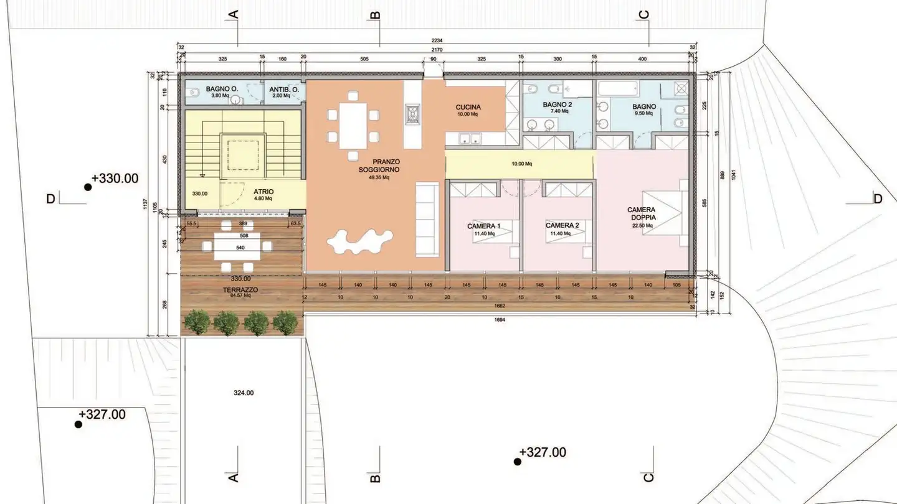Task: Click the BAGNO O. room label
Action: pos(222,89)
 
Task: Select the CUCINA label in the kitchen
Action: pos(467,108)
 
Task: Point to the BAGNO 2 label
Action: pos(558,105)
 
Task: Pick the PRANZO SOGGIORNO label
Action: pos(378,165)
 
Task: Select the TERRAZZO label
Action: pos(240,290)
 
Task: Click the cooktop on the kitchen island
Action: pos(413,114)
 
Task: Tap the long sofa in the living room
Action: pos(427,218)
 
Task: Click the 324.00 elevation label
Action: pos(244,393)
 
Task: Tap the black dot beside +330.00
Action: pos(88,186)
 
